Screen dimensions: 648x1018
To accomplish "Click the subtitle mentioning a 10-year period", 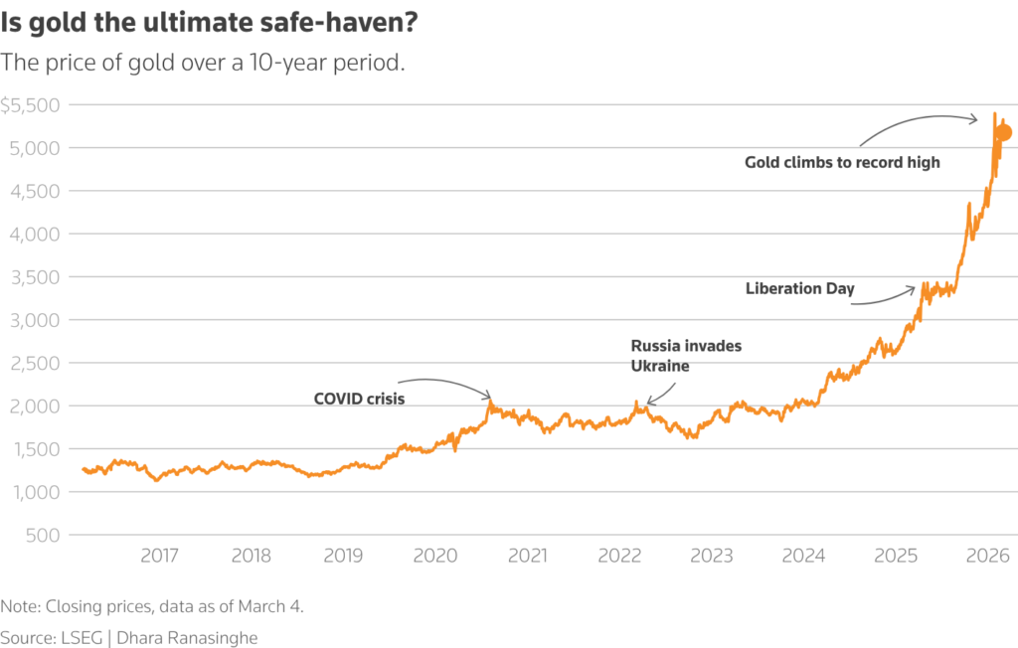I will point(203,63).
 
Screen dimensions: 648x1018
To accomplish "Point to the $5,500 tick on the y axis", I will point(31,105).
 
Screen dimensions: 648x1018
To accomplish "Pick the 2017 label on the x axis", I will point(159,556).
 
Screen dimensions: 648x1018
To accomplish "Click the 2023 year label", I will point(713,556).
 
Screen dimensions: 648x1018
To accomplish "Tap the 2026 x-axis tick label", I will point(989,556).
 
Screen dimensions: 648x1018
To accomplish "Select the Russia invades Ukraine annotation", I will point(687,355).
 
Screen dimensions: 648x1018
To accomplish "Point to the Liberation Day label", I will point(799,289).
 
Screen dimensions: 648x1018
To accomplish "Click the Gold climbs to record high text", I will point(842,162).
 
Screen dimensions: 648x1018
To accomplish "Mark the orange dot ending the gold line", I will point(1003,133).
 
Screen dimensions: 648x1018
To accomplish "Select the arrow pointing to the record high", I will point(920,123).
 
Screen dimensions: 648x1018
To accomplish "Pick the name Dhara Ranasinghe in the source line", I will point(189,637).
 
